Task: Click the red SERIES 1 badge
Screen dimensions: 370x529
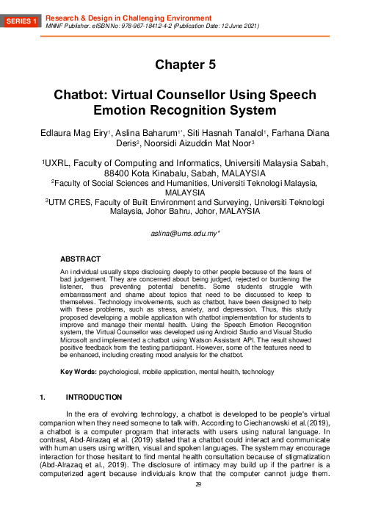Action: click(x=23, y=22)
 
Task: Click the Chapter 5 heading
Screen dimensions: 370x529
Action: click(x=185, y=65)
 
